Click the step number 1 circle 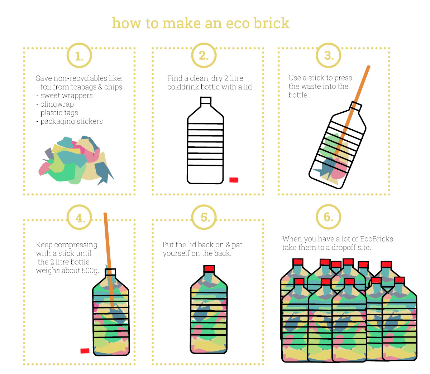tap(79, 56)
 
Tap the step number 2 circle tap(204, 55)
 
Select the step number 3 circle tap(329, 55)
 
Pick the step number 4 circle tap(80, 218)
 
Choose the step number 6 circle tap(328, 217)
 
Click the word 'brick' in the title tap(271, 23)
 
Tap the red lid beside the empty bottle tap(234, 180)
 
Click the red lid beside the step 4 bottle tap(85, 351)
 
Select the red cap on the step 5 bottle tap(209, 269)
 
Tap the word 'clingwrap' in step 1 tap(57, 104)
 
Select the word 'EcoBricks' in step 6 tap(377, 239)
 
